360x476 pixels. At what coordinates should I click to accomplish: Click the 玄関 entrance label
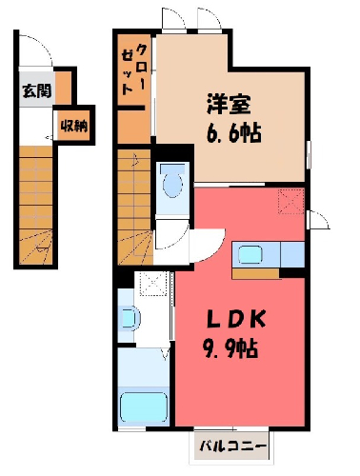coord(37,91)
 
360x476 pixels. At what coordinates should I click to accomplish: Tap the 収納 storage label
coord(74,127)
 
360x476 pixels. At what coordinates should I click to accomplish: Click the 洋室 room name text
coord(229,104)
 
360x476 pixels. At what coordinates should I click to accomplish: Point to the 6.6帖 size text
coord(234,132)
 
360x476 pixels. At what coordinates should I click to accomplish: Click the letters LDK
coord(236,319)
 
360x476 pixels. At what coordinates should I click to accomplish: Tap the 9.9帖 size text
coord(230,348)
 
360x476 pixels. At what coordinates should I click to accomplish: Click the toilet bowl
coord(173,184)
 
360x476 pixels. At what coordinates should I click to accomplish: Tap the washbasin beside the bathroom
coord(130,318)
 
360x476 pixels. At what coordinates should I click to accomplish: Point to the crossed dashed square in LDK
coord(291,201)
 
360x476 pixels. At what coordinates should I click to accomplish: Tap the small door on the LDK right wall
coord(318,220)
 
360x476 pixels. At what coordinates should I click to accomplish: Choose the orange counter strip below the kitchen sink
coord(255,274)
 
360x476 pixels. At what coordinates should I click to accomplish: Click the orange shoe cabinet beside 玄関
coord(64,88)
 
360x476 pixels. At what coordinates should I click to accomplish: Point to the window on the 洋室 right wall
coord(309,154)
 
